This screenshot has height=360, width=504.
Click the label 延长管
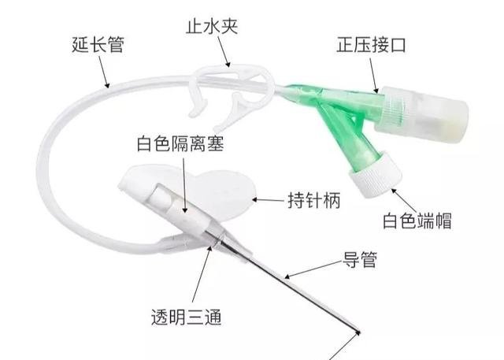[x=98, y=45]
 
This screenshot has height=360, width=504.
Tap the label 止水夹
[x=212, y=26]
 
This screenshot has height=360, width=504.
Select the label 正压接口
[x=371, y=45]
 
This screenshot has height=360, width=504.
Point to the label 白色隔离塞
[x=180, y=143]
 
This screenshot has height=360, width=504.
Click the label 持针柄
[x=313, y=201]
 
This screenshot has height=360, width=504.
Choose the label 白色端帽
[x=417, y=221]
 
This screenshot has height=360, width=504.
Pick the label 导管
[x=359, y=260]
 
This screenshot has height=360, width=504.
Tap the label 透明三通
[x=187, y=317]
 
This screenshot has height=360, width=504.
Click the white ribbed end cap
[x=376, y=173]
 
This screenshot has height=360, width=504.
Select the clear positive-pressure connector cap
[x=421, y=113]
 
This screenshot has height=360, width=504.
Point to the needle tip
[x=359, y=332]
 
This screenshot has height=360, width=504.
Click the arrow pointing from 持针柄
[x=269, y=200]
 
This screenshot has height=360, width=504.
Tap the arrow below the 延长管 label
[x=104, y=72]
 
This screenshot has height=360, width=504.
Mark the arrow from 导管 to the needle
[x=313, y=269]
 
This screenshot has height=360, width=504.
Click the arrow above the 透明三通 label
[x=202, y=274]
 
